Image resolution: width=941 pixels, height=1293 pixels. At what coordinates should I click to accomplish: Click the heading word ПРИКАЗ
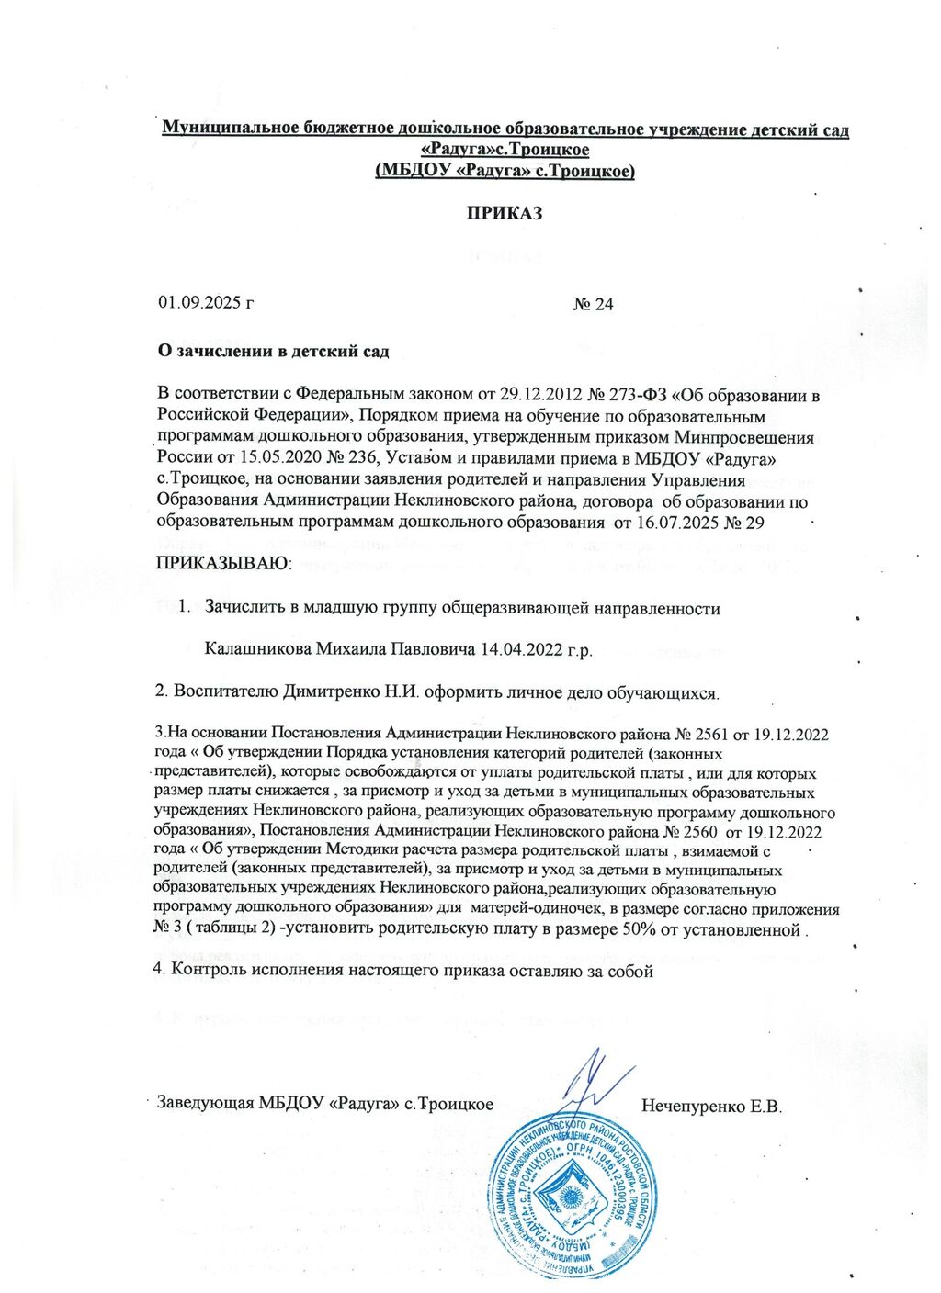point(505,214)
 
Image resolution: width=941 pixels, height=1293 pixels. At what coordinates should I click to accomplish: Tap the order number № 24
point(593,304)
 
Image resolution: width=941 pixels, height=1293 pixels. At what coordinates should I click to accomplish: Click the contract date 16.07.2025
point(676,522)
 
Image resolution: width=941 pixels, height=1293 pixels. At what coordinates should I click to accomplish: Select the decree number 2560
point(695,832)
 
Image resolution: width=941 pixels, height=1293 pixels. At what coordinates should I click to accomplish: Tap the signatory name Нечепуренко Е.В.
point(711,1105)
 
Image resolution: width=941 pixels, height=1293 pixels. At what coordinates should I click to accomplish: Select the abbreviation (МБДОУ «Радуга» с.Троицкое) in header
point(505,171)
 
